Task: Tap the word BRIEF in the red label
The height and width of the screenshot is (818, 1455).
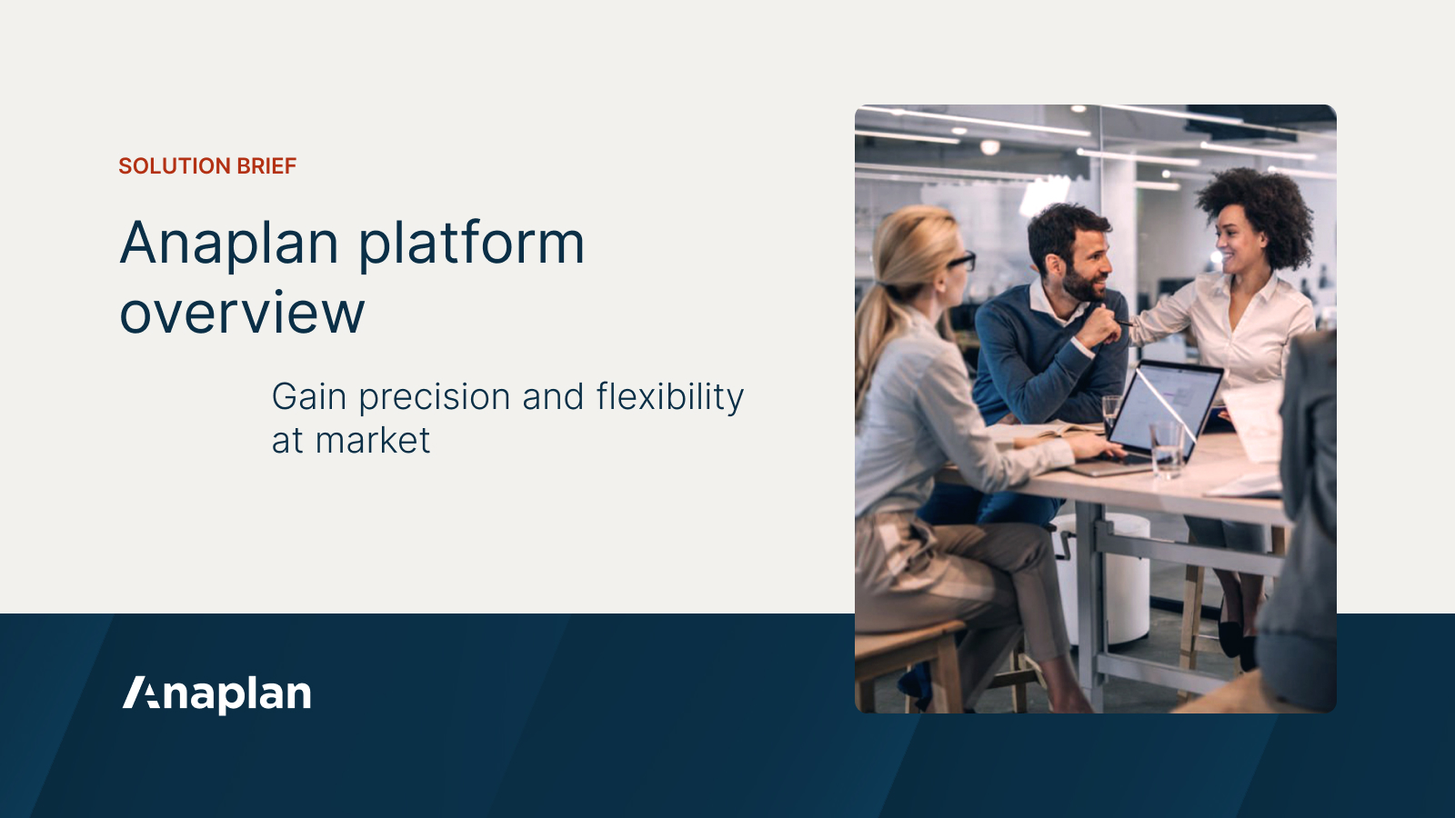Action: click(x=266, y=166)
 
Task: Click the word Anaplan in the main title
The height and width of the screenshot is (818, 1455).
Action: click(x=230, y=244)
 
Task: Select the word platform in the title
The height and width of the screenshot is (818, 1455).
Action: click(x=471, y=244)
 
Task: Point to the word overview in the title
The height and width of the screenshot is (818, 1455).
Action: click(x=242, y=314)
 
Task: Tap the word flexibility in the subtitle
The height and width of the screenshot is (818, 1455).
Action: click(x=669, y=397)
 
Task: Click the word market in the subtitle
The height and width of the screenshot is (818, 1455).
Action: click(x=373, y=441)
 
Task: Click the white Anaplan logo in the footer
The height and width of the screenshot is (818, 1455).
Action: click(x=217, y=693)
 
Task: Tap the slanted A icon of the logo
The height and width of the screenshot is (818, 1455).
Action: click(x=141, y=693)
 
